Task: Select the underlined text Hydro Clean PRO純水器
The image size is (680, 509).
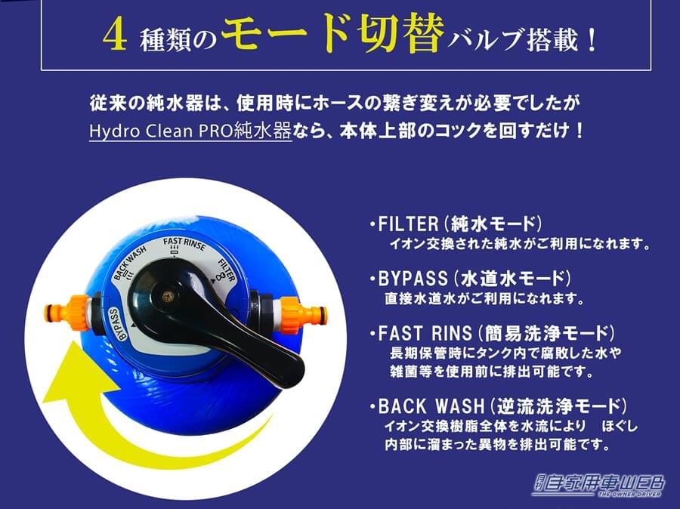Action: pyautogui.click(x=190, y=131)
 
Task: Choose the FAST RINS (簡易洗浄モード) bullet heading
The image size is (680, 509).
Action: pyautogui.click(x=493, y=333)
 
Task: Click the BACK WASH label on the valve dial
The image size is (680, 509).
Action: pyautogui.click(x=129, y=267)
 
